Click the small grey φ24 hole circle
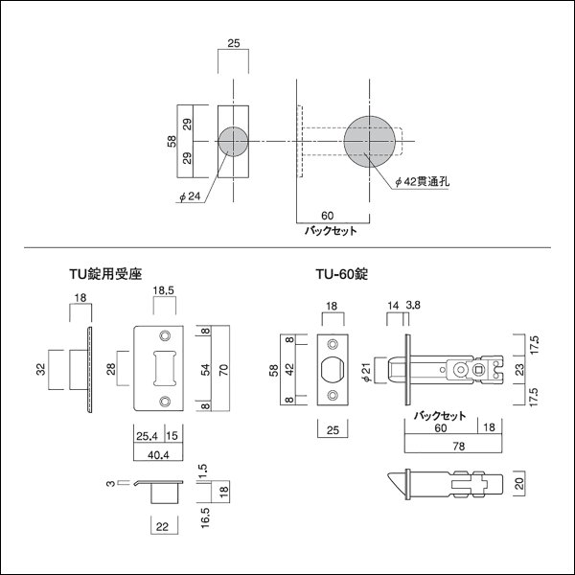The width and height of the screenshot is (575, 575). pyautogui.click(x=234, y=142)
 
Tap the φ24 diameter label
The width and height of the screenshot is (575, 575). pyautogui.click(x=189, y=197)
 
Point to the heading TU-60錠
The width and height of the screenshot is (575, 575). pyautogui.click(x=342, y=272)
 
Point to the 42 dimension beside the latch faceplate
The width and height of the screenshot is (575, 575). pyautogui.click(x=287, y=368)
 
